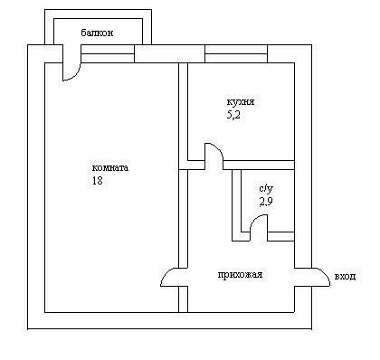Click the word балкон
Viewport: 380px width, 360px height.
click(x=97, y=33)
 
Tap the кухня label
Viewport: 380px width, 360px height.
click(x=241, y=102)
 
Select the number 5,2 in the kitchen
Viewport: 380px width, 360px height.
click(x=233, y=115)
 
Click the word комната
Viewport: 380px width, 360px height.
click(x=110, y=167)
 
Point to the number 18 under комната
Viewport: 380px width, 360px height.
click(x=98, y=180)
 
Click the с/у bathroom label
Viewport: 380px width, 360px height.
click(x=266, y=189)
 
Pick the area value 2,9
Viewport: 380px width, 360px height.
click(x=266, y=202)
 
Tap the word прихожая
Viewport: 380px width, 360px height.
click(x=240, y=275)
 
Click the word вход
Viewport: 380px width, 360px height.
click(x=345, y=276)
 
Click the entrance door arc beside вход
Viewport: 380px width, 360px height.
click(x=325, y=273)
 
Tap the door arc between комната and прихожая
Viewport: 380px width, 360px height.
click(x=166, y=273)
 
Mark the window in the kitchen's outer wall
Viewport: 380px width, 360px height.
click(x=236, y=53)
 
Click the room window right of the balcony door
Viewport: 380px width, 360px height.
click(x=108, y=53)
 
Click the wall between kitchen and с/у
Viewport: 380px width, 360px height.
click(x=259, y=165)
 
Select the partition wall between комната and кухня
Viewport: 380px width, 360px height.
click(x=184, y=111)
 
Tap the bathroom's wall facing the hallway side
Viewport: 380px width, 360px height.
click(x=236, y=205)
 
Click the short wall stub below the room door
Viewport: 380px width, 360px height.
click(x=184, y=299)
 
